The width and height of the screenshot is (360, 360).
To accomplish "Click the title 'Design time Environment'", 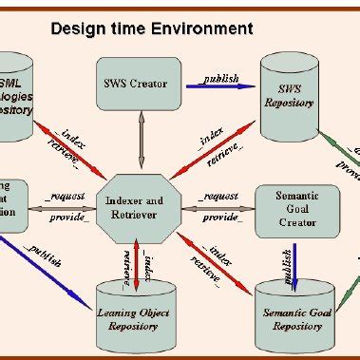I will point(151,28).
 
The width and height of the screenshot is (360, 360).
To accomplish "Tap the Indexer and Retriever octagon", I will point(140,205).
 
